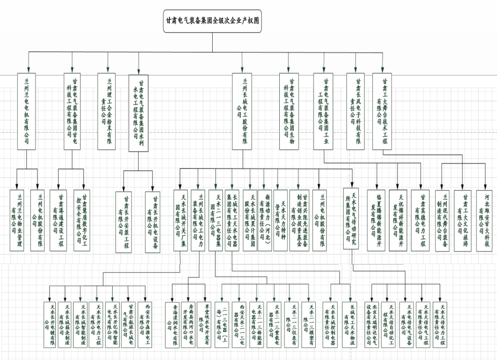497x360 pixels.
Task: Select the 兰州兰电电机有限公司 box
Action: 26,111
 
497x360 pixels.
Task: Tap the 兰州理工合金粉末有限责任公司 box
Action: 108,111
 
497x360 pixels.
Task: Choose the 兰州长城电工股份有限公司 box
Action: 242,111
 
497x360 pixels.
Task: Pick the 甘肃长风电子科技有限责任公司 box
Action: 356,111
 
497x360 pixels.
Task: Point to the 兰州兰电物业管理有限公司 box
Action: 18,219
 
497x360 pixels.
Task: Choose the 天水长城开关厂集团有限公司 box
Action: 181,219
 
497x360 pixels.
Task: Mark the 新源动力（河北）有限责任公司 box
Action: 266,219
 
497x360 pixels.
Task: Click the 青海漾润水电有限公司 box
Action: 172,324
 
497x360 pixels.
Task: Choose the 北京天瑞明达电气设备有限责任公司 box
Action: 372,324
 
